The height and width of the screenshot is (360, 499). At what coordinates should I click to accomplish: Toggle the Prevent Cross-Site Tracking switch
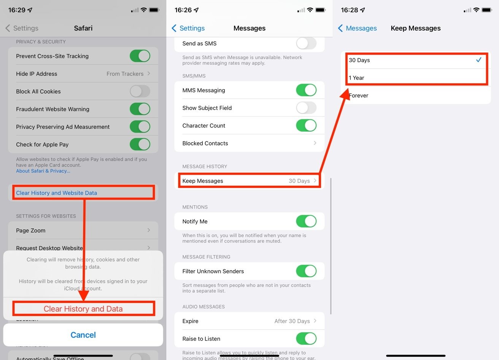coord(140,56)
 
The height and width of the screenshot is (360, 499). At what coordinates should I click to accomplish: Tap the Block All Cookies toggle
coord(140,91)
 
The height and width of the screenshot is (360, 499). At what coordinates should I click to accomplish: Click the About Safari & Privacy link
coord(43,171)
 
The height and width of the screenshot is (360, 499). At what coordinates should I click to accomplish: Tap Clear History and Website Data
coord(56,193)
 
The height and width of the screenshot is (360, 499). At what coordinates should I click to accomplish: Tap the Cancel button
coord(83,335)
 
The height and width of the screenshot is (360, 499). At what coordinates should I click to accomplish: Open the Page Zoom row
coord(83,230)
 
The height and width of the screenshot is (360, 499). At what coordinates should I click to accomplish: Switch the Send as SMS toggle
coord(306,43)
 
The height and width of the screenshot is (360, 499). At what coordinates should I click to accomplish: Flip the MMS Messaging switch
coord(306,90)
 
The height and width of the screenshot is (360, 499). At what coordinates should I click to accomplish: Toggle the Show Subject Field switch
coord(306,108)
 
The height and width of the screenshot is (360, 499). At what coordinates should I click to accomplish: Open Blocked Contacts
coord(249,143)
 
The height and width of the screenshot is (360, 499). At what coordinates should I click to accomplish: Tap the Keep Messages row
coord(249,181)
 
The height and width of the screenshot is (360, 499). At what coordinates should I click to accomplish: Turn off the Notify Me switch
coord(306,221)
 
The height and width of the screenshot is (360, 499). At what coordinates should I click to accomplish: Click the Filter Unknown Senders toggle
coord(306,271)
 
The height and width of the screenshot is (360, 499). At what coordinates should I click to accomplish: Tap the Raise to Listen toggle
coord(306,339)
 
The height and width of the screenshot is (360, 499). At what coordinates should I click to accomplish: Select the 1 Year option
coord(416,78)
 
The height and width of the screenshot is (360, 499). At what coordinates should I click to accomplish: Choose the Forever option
coord(416,96)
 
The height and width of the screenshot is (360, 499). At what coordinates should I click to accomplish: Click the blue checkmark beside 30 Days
coord(478,60)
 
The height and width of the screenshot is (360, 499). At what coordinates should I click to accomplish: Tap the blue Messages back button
coord(357,28)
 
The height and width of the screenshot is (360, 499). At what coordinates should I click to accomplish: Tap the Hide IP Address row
coord(83,74)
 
